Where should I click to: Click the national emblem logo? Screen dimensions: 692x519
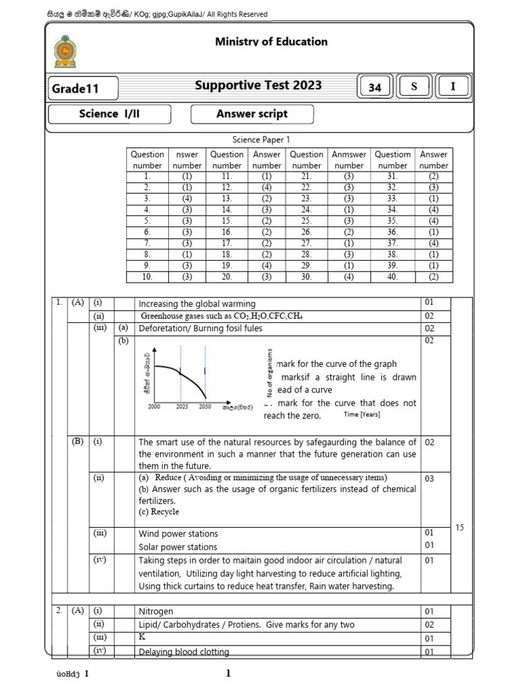[65, 51]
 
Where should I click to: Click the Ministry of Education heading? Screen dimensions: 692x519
[271, 42]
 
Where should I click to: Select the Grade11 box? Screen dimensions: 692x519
[82, 89]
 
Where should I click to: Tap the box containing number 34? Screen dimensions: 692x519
[375, 87]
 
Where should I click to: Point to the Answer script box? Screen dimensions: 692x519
[251, 114]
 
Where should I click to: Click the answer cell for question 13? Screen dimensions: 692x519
[266, 199]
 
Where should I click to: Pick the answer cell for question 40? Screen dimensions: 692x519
[433, 276]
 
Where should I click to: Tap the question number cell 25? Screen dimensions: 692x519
[306, 221]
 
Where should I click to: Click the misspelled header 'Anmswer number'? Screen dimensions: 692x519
[349, 159]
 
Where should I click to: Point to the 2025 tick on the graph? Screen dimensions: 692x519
[181, 407]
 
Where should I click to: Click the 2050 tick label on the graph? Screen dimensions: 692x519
[205, 407]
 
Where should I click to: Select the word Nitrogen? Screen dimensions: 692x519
[156, 611]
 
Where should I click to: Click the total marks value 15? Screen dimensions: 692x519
[460, 527]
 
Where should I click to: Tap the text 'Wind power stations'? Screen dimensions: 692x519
[178, 533]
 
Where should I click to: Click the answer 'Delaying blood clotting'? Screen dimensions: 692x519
[184, 651]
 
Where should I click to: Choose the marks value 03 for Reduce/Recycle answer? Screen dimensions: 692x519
[429, 478]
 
